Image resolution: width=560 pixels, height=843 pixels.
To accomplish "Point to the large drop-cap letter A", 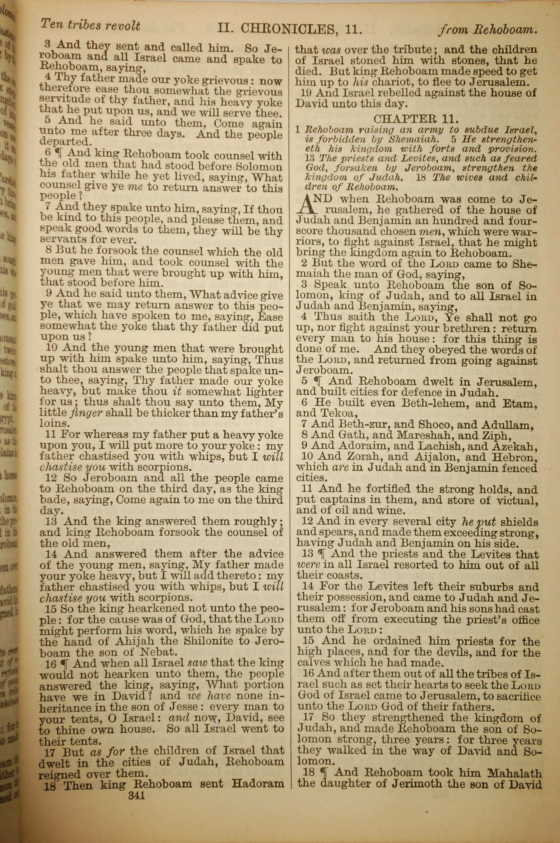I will (308, 204).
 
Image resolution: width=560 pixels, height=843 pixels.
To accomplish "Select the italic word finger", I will (85, 413).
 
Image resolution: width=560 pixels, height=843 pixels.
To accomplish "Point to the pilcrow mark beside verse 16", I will (65, 664).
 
